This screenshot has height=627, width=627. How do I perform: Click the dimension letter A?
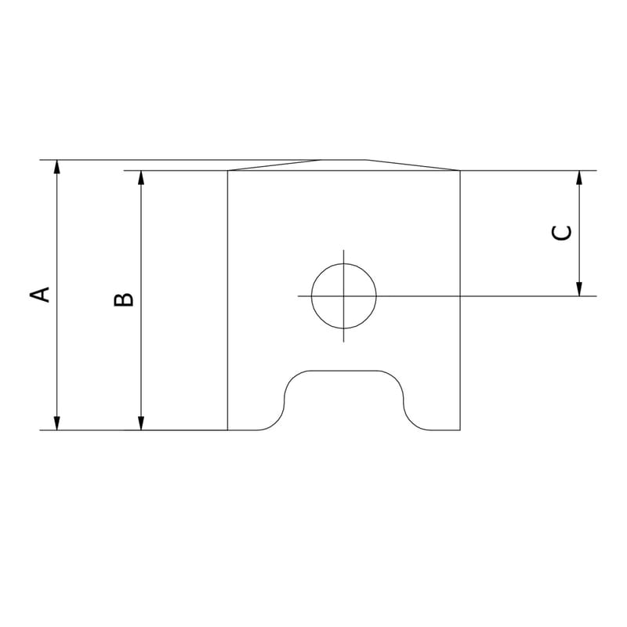(40, 295)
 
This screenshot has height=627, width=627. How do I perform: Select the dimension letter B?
(124, 299)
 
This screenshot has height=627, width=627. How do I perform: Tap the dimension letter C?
(561, 234)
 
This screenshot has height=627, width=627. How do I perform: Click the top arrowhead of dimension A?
(56, 167)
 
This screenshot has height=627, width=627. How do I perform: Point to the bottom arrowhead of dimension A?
(56, 423)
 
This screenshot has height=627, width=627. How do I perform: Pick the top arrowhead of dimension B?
(141, 178)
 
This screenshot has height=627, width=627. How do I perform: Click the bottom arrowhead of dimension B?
(141, 423)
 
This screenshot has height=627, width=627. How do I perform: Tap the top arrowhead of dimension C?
(578, 178)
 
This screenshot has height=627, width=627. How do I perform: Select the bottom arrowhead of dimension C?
(578, 289)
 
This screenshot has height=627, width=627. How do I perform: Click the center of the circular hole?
(344, 296)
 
